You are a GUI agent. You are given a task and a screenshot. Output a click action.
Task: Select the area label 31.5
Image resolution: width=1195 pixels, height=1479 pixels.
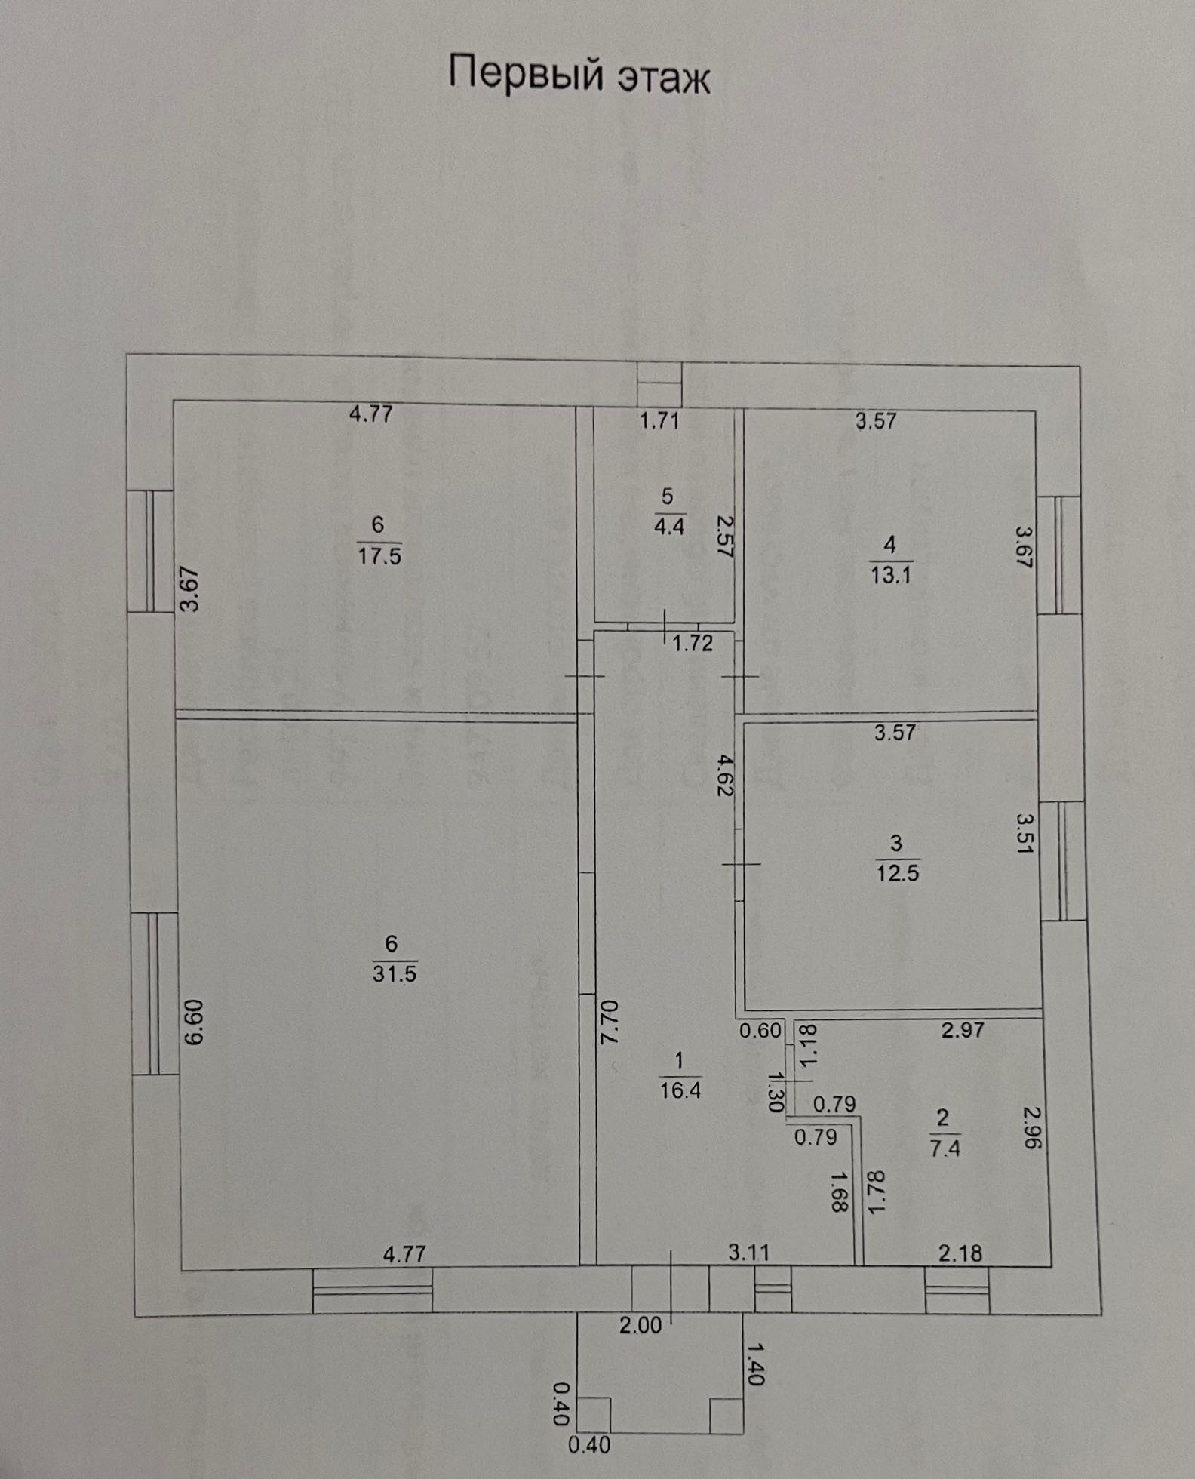(x=395, y=973)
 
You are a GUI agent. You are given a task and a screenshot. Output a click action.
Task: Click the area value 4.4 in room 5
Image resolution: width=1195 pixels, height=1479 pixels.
(x=668, y=526)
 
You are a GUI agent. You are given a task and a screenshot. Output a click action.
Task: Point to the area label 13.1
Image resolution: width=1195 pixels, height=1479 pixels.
(x=891, y=576)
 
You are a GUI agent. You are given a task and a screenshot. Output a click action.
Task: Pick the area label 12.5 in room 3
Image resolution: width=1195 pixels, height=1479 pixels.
(x=897, y=874)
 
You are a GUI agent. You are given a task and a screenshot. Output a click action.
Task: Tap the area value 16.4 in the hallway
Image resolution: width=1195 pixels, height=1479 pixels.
(x=680, y=1090)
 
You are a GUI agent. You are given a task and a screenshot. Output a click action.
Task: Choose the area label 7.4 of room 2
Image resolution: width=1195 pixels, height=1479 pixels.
(x=945, y=1148)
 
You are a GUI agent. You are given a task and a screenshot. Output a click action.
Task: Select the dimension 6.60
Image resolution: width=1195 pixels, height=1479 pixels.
(x=194, y=1022)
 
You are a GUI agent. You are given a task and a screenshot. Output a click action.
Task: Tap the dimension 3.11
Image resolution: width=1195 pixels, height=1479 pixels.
(x=749, y=1253)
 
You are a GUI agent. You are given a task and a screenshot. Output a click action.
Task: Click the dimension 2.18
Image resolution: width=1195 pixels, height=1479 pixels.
(x=960, y=1253)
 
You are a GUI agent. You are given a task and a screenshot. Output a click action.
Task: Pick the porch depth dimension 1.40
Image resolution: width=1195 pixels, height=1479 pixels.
(x=756, y=1363)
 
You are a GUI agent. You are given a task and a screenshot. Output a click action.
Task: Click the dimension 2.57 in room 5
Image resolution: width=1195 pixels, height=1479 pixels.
(x=725, y=537)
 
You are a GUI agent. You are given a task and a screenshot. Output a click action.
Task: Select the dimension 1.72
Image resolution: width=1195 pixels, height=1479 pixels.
(x=692, y=644)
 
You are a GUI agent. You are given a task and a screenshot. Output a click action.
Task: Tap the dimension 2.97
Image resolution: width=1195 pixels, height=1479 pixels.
(x=963, y=1029)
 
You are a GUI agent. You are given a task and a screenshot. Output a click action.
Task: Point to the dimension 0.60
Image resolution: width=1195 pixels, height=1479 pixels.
(x=760, y=1030)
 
